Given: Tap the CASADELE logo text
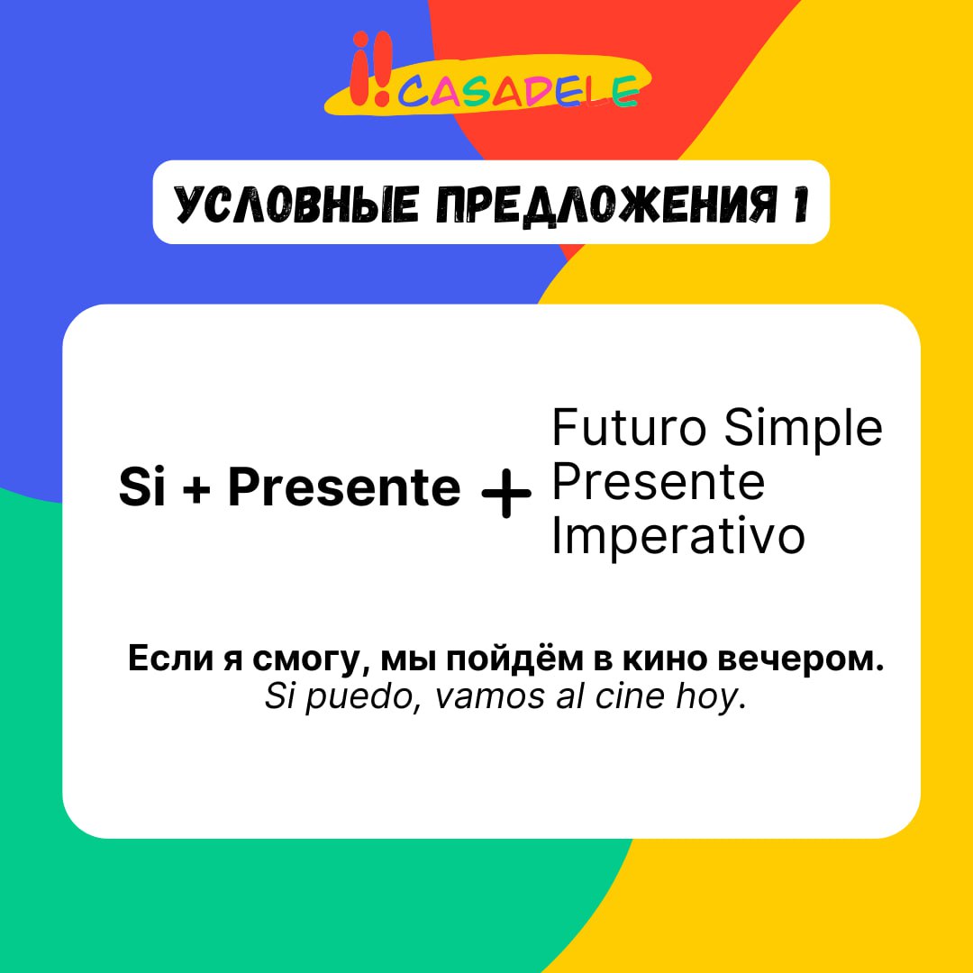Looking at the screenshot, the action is point(518,93).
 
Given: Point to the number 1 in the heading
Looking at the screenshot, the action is point(801,204).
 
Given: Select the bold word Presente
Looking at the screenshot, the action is point(344,487).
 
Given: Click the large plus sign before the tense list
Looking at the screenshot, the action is point(506,494).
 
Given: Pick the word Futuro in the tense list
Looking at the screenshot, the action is point(629,428).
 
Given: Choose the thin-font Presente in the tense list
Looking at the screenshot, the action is point(658,483).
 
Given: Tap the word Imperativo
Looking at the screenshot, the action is point(677,537).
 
